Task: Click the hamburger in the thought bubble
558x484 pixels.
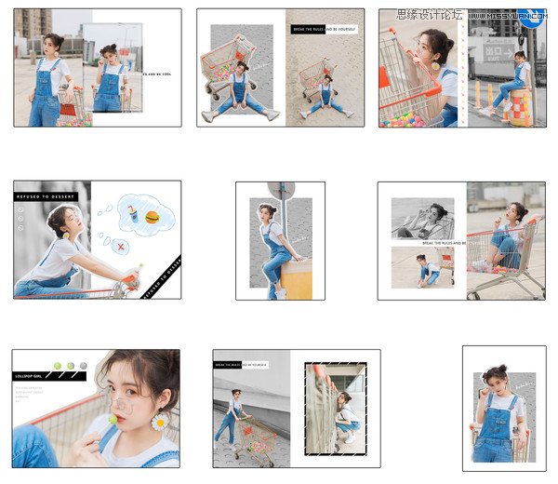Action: click(x=153, y=218)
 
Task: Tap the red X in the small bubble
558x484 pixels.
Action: click(x=119, y=247)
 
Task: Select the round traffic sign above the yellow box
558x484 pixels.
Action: click(x=281, y=190)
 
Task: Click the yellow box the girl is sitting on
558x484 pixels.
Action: click(x=296, y=278)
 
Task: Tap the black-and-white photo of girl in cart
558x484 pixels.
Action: click(x=422, y=219)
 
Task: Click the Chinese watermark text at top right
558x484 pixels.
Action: click(x=429, y=15)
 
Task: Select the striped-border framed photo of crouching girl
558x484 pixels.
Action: click(x=335, y=409)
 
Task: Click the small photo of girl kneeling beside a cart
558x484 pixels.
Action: click(x=422, y=267)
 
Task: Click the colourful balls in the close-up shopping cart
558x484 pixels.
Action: click(x=412, y=117)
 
